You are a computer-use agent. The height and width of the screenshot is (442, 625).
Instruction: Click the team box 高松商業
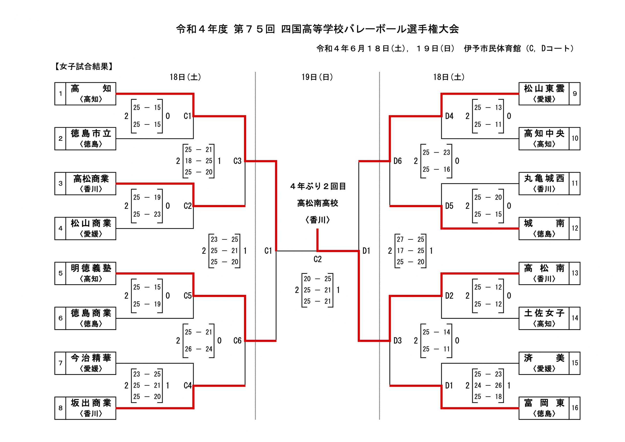[x=91, y=183]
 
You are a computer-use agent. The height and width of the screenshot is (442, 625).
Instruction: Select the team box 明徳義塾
[x=91, y=273]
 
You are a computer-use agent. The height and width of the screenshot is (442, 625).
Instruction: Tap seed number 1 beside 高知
[x=60, y=94]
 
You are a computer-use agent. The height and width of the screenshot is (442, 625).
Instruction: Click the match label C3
[x=237, y=161]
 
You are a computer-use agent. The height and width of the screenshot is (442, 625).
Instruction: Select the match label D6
[x=397, y=161]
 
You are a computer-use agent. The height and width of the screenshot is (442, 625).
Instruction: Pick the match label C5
[x=187, y=295]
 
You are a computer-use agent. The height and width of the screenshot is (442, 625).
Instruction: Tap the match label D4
[x=449, y=116]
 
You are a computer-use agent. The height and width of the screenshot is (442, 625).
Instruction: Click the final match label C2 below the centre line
[x=317, y=259]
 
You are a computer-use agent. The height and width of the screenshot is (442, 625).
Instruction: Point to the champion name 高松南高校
[x=317, y=203]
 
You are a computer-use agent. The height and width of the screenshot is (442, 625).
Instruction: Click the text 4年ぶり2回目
[x=318, y=186]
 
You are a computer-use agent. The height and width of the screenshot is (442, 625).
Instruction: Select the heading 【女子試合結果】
[x=83, y=66]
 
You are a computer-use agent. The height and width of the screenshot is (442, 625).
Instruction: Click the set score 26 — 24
[x=198, y=349]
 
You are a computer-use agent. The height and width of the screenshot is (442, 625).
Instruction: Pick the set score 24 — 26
[x=488, y=385]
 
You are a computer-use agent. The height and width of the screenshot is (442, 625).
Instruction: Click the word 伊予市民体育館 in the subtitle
[x=492, y=49]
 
